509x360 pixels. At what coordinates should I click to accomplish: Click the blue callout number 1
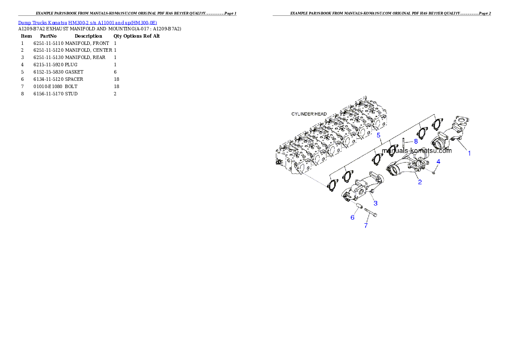pos(469,153)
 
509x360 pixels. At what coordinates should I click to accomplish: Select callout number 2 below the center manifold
pos(420,182)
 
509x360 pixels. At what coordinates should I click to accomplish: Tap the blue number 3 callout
pos(375,202)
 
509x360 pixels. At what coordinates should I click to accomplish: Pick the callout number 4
pos(438,161)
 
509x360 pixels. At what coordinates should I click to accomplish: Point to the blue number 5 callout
pos(378,135)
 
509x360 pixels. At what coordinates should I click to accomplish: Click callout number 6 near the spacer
pos(352,218)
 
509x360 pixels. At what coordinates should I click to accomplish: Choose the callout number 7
pos(366,225)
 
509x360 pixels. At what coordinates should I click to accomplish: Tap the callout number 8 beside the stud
pos(416,141)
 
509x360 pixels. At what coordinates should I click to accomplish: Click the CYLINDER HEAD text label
pos(309,114)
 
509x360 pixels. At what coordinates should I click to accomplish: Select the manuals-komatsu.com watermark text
pos(416,150)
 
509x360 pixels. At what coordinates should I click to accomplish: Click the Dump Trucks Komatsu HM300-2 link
pos(87,22)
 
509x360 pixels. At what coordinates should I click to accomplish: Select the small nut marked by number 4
pos(434,172)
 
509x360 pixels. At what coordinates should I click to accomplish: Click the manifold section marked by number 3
pos(364,188)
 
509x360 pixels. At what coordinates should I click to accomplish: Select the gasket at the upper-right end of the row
pos(437,124)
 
